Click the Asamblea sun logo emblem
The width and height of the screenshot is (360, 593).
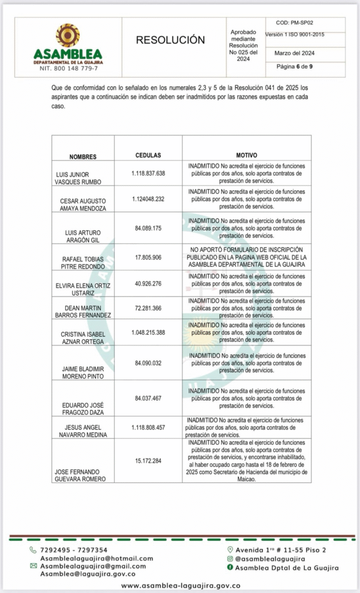point(68,35)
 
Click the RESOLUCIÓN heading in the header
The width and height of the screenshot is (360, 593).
point(170,40)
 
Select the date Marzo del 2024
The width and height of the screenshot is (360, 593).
point(294,53)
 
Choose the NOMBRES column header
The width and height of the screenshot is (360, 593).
point(83,157)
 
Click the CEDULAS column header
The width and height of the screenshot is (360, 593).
point(148,156)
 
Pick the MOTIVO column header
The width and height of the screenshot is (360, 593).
point(247,156)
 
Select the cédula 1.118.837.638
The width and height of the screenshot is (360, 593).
point(148,173)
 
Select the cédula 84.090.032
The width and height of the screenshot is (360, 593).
point(148,363)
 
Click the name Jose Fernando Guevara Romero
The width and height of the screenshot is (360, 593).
point(80,475)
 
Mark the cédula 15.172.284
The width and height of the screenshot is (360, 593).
point(148,461)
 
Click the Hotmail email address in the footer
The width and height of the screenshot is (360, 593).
point(96,558)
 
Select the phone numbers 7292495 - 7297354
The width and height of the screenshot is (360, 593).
point(73,550)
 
